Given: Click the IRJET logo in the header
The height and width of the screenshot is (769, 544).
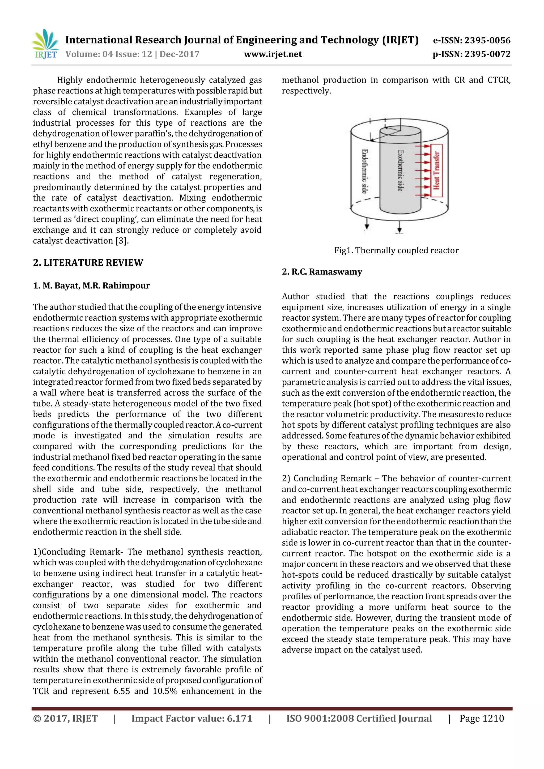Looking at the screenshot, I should (45, 45).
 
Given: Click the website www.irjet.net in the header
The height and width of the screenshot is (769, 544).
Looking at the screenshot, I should (273, 54).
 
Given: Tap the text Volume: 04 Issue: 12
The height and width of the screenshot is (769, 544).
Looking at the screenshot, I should (109, 54).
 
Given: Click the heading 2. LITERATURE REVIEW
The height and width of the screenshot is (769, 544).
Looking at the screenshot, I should (88, 263).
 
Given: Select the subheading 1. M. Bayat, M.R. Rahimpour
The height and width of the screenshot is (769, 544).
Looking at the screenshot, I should (91, 286).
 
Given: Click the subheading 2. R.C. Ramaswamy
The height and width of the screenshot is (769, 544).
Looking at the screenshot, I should (322, 272).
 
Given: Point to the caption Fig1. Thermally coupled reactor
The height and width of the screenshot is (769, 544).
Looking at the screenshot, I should (396, 250).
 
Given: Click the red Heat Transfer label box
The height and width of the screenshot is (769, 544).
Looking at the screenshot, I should (436, 170).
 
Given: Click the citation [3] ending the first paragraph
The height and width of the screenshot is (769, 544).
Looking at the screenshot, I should (122, 241).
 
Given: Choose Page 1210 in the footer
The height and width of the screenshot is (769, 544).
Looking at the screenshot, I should (481, 719).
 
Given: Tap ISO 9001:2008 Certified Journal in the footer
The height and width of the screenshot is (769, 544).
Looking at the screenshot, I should (359, 719).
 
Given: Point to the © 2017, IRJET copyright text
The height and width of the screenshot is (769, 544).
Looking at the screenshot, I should (65, 719).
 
